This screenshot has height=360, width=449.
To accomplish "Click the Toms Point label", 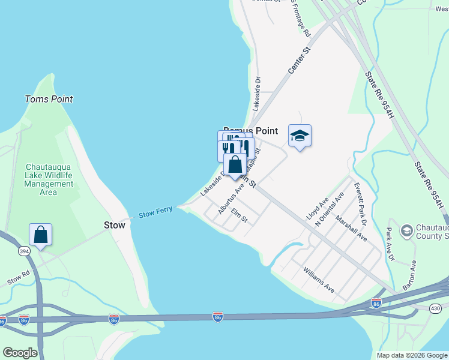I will pos(49,99).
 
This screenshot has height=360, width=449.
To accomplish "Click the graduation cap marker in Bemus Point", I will pos(300,136).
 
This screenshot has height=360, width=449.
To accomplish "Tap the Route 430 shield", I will pos(435,308).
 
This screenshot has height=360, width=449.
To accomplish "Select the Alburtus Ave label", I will pos(231,199).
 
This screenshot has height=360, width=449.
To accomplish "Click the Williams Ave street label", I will pos(319,280).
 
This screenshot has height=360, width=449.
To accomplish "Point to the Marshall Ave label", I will pos(351,229).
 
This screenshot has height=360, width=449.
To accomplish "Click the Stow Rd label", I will pos(18,279).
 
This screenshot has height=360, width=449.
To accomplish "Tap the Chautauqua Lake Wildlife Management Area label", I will pos(49,179).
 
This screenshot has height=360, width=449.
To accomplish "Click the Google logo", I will pos(20,353).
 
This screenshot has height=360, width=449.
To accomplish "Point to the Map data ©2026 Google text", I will pos(411,355).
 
